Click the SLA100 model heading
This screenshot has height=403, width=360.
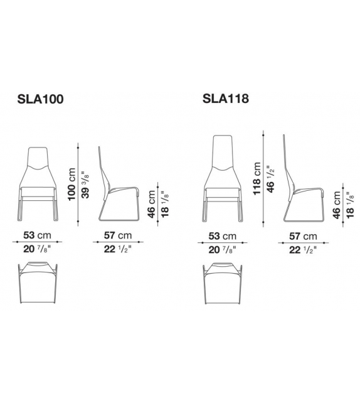pos(40,99)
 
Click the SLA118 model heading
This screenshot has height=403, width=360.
pos(226,98)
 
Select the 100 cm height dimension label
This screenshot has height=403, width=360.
pos(71,184)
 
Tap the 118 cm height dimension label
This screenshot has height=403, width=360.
pos(257,178)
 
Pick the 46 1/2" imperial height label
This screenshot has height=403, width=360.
pos(271,179)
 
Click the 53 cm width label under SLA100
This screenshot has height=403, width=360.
pos(37,235)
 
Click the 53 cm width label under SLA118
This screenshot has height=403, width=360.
pos(223,236)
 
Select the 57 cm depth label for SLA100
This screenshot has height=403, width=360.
pos(118,235)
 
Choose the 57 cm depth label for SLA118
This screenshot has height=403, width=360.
pos(303,236)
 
